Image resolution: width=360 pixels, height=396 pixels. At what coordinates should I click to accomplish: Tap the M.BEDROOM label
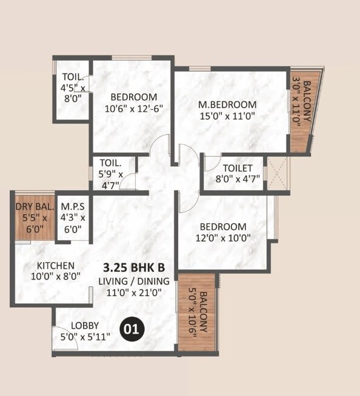(x=227, y=104)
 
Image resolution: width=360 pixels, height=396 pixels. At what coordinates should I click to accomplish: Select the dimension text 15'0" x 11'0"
(x=227, y=116)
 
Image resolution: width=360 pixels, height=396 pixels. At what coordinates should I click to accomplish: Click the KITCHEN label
(x=55, y=266)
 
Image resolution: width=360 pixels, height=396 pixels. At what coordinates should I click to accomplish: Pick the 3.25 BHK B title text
(x=134, y=267)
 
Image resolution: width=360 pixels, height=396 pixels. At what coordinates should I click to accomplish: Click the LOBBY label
(x=84, y=325)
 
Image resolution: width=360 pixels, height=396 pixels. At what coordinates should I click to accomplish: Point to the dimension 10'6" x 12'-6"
(x=134, y=109)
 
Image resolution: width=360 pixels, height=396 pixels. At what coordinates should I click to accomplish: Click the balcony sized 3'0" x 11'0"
(x=301, y=109)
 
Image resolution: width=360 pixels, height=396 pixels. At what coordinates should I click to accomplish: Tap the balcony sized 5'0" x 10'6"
(x=198, y=312)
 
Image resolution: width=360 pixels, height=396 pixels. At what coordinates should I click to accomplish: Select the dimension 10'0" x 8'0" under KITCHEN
(x=55, y=277)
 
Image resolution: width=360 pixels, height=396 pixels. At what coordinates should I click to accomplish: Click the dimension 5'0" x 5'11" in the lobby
(x=84, y=337)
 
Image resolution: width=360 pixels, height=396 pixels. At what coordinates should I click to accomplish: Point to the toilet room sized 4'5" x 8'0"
(x=73, y=88)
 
